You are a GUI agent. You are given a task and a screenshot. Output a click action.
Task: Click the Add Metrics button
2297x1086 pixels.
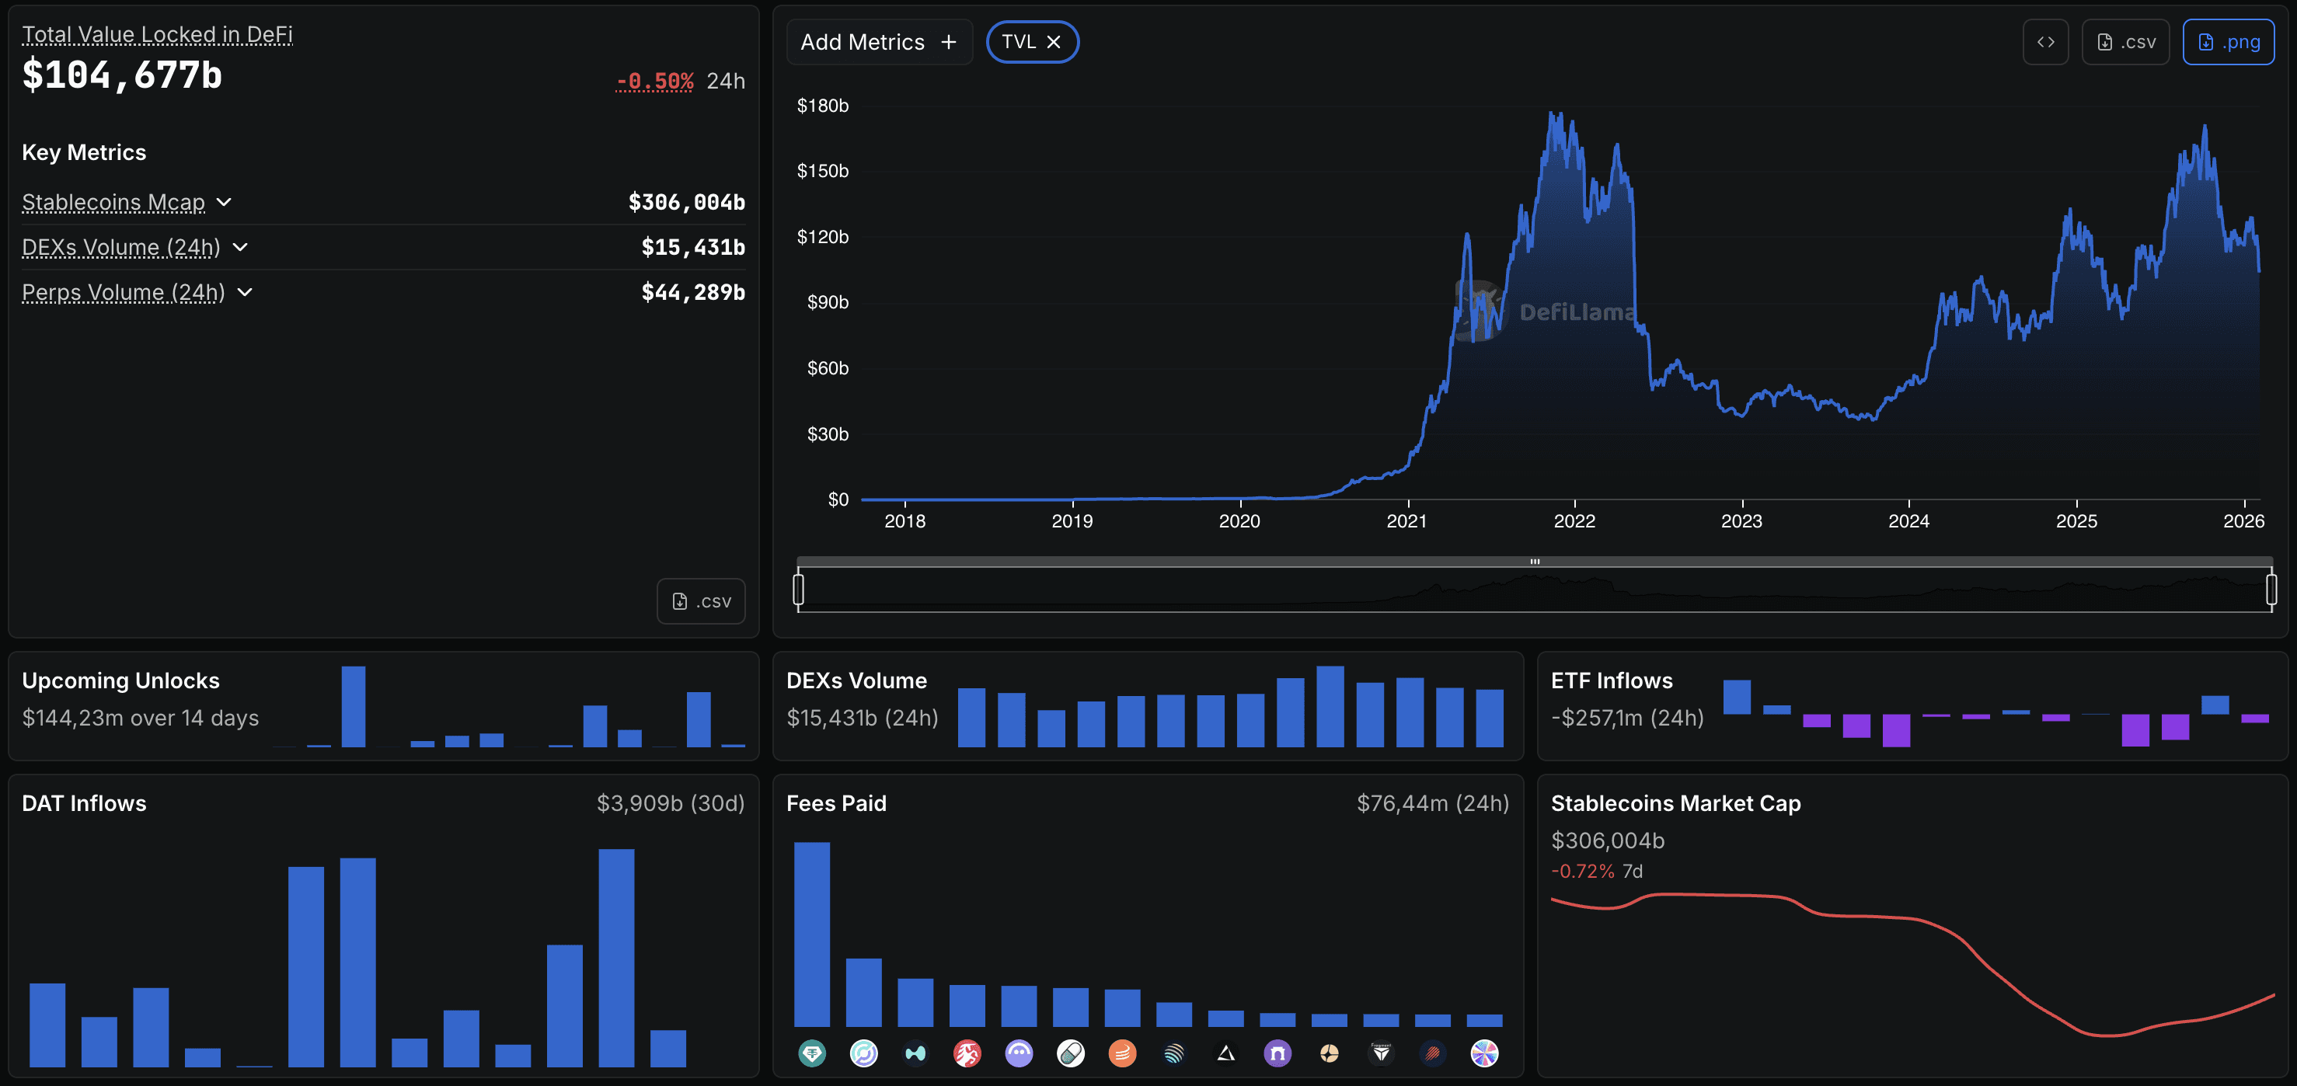[x=877, y=42]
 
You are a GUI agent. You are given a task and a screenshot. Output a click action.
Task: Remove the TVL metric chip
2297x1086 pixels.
[x=1053, y=42]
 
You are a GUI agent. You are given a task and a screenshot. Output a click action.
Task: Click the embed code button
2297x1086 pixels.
[x=2044, y=42]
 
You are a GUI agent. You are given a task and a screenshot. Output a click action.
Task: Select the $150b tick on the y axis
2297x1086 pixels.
[x=822, y=171]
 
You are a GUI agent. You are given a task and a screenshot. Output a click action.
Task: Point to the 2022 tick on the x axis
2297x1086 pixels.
[x=1574, y=520]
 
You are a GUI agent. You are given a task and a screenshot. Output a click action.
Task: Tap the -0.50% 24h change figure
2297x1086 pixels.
[x=654, y=81]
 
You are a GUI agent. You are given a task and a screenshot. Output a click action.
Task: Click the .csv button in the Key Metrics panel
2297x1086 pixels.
[x=701, y=601]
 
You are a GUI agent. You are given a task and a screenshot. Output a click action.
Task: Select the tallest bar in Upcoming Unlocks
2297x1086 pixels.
[x=353, y=706]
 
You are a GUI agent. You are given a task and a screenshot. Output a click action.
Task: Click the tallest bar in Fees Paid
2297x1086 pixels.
[x=811, y=934]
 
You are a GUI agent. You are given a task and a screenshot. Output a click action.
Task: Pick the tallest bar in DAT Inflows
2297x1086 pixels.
[x=616, y=957]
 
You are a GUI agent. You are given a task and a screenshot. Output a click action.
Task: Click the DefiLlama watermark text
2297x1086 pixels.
[x=1577, y=312]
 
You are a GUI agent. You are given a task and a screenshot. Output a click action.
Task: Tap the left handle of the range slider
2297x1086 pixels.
[x=798, y=589]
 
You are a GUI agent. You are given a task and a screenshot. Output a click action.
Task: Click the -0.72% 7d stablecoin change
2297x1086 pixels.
[x=1583, y=871]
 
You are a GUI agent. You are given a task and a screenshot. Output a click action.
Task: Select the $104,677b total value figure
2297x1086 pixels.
[x=122, y=75]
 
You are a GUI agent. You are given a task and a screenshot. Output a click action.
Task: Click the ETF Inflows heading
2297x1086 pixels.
[x=1612, y=680]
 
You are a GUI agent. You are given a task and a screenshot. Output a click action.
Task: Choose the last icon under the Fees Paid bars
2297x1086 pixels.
[x=1483, y=1053]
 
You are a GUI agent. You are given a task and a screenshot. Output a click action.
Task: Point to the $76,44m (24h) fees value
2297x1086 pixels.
[x=1432, y=803]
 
